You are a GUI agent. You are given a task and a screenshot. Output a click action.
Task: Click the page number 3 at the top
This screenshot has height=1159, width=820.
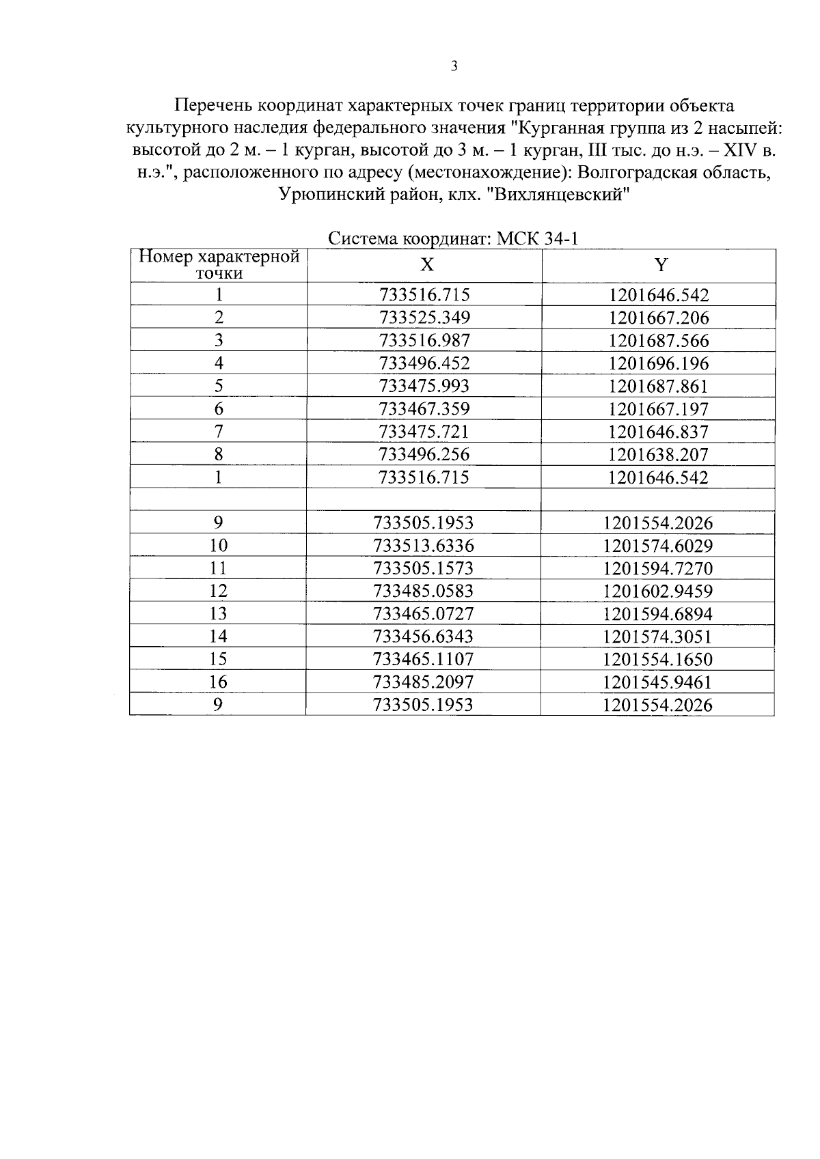coord(454,66)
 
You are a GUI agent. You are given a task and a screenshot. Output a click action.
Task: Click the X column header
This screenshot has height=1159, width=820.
coord(426,266)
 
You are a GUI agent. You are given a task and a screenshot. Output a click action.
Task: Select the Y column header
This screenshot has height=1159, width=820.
coord(660,266)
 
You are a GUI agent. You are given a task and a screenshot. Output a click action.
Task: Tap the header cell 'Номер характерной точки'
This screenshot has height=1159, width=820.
coord(219,265)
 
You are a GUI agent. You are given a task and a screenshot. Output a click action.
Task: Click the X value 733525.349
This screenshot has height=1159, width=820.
coord(424,318)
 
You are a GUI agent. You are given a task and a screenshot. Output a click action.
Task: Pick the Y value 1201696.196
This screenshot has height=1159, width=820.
coord(659,363)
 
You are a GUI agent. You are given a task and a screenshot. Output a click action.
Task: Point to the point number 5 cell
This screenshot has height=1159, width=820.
coord(219,386)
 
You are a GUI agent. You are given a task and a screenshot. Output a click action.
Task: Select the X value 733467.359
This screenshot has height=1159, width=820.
coord(424,409)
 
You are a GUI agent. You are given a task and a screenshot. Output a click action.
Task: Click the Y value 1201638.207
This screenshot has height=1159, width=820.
coord(659,455)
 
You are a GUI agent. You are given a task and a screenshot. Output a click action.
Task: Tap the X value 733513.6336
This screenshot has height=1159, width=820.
coord(424,546)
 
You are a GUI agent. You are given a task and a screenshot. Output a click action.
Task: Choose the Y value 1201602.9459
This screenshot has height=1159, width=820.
coord(657,591)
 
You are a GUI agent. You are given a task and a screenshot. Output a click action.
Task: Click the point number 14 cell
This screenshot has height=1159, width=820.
coord(218,637)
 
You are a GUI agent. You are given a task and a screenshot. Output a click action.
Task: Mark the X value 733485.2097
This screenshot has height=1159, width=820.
coord(424,682)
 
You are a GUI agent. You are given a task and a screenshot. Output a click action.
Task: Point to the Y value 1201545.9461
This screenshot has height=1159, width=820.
coord(657,682)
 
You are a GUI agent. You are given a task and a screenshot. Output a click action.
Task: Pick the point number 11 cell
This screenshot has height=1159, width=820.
coord(218,568)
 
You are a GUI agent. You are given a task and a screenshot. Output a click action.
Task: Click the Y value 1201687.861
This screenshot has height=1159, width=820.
coord(659,387)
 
